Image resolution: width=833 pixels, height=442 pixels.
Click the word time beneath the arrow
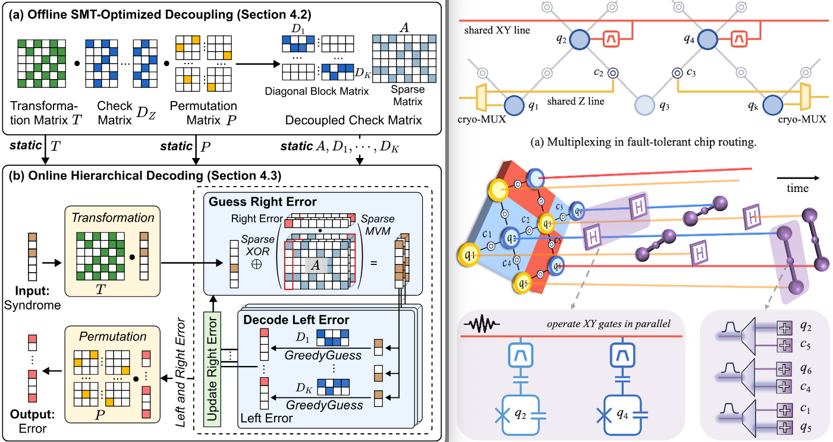point(797,188)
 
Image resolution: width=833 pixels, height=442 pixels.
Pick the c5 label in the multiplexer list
point(805,344)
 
